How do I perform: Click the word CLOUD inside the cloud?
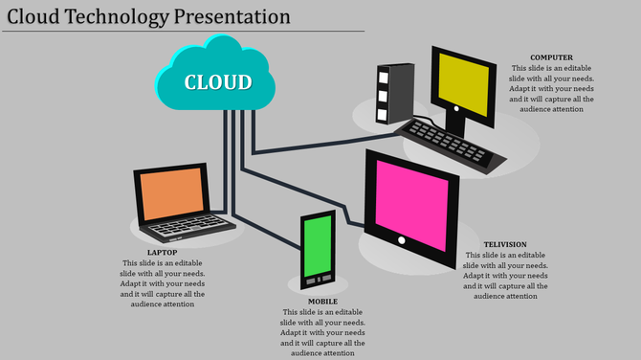(219, 81)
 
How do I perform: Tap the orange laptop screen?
(173, 195)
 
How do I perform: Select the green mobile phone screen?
(318, 246)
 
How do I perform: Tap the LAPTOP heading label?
(163, 253)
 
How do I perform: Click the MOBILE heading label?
(322, 302)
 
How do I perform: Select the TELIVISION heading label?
(505, 245)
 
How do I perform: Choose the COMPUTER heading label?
(551, 57)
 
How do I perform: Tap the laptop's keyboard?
(188, 228)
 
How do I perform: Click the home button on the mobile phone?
(319, 280)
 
